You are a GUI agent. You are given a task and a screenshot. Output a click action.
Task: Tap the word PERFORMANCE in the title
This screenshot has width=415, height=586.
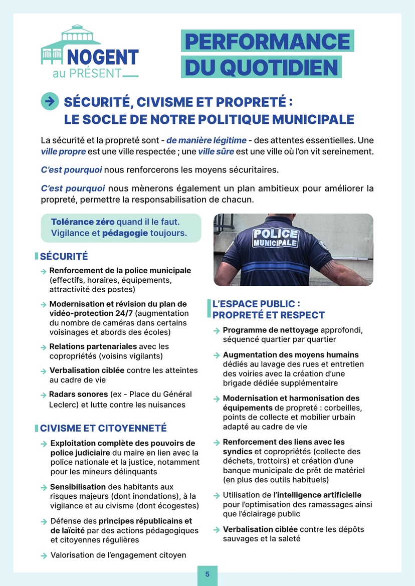267,42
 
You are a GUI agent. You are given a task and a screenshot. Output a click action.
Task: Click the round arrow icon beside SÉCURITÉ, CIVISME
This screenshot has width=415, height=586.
49,101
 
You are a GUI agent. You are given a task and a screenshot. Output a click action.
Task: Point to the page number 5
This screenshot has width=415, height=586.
207,574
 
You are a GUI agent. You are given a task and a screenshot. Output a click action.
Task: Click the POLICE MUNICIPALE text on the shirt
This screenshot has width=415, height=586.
274,238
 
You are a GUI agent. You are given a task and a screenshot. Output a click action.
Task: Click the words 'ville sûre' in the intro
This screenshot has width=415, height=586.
217,151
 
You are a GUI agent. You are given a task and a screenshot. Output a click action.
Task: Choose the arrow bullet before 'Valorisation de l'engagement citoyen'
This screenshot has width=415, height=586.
44,555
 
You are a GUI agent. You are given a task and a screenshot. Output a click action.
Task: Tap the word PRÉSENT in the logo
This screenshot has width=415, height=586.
96,73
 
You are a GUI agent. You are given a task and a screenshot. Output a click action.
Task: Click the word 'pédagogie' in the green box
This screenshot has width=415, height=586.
125,234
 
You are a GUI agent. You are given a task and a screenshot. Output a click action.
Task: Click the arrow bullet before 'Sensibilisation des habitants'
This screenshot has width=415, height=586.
44,487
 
